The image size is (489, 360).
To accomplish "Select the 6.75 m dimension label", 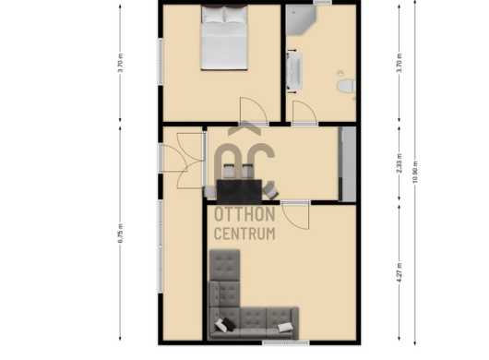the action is click(121, 234).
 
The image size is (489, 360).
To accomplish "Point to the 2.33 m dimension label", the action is click(400, 163).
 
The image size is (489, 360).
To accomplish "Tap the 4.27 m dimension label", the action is click(400, 273).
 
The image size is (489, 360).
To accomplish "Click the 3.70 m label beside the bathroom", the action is click(400, 63).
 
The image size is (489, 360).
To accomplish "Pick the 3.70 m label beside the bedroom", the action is click(121, 63).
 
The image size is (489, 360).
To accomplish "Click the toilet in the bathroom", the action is click(347, 86).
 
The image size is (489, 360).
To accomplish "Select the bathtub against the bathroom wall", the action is click(294, 71).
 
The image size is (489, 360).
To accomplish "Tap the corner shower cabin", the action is click(301, 19).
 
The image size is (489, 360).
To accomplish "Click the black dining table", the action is click(239, 192).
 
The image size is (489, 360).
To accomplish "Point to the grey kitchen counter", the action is click(347, 164).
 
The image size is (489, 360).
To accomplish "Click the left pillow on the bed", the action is click(213, 15).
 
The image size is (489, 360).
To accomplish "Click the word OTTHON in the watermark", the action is click(244, 214).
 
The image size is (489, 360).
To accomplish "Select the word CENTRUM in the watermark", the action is click(244, 234).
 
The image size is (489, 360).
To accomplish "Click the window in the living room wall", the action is click(286, 342).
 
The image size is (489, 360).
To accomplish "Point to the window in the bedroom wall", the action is click(161, 62).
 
